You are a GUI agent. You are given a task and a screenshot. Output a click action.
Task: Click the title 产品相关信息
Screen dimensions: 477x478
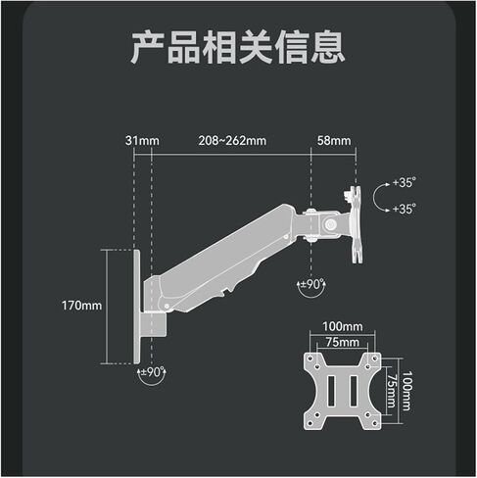pos(238,47)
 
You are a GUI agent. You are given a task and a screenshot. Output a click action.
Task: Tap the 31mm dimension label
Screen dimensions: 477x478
pos(142,141)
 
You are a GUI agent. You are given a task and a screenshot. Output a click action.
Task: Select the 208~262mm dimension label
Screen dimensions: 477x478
pos(232,141)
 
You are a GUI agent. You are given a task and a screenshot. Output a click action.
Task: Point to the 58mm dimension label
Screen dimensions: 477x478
pos(334,141)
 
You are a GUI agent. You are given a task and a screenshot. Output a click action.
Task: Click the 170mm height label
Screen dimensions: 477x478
pos(82,306)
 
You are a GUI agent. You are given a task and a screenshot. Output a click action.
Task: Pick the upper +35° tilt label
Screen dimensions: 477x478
pos(405,182)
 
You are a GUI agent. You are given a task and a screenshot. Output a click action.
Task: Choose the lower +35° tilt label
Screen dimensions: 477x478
pos(405,209)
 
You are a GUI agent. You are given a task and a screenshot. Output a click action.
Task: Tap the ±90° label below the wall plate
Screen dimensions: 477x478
pos(152,372)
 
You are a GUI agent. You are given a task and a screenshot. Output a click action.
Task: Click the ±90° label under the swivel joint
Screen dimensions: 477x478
pos(312,284)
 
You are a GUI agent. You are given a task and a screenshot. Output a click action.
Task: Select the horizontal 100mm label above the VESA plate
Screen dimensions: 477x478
pos(343,326)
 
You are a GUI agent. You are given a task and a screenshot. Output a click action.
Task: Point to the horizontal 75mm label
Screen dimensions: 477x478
pos(343,342)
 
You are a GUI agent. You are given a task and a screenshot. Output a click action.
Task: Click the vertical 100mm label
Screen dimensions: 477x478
pos(406,391)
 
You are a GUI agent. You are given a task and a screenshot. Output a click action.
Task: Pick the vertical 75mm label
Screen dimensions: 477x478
pos(391,391)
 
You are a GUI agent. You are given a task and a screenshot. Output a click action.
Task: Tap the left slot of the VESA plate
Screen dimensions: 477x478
pos(331,391)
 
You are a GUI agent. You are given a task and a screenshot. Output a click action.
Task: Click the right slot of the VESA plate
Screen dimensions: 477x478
pos(354,391)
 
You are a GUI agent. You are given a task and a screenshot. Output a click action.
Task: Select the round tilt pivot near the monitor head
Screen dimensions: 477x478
pos(330,223)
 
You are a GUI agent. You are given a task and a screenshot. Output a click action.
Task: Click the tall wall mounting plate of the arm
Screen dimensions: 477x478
pos(137,307)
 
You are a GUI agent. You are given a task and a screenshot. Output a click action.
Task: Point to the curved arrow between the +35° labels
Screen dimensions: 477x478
pos(376,196)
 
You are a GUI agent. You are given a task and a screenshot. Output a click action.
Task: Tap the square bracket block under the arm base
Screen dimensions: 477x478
pos(154,325)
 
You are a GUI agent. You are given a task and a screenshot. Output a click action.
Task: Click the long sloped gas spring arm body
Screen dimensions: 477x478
pos(222,255)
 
